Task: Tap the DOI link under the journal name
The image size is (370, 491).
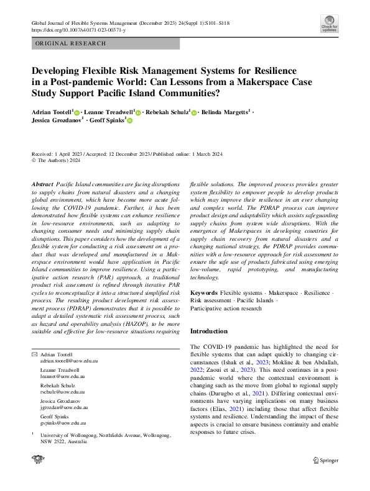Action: tap(78, 30)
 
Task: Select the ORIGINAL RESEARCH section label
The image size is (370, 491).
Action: tap(71, 43)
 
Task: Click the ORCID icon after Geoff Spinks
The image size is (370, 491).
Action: tap(130, 122)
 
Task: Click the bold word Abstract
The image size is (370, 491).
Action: tap(42, 185)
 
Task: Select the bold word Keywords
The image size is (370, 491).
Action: tap(203, 291)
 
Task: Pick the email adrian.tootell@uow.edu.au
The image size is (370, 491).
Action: tap(66, 360)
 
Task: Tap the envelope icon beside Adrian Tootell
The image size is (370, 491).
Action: tap(34, 354)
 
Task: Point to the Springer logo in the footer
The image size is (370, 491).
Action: tap(325, 460)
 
